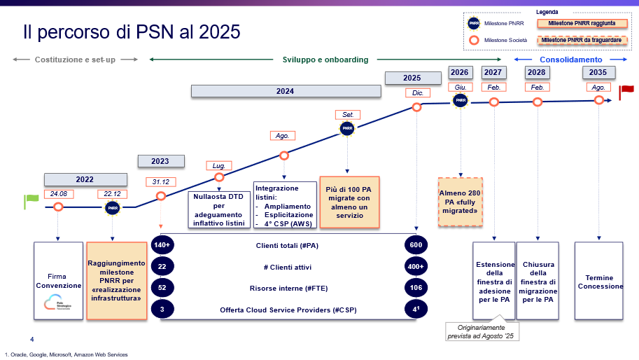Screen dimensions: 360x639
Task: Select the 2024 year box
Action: tap(285, 91)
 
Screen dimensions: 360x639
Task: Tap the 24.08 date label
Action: tap(58, 194)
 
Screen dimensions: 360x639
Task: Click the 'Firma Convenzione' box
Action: tap(57, 281)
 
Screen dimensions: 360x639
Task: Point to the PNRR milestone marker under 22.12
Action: tap(113, 207)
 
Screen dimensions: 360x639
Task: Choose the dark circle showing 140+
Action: tap(162, 246)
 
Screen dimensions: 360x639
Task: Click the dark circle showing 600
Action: tap(416, 246)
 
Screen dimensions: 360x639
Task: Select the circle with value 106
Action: tap(416, 289)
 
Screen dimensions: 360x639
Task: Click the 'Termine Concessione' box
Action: tap(599, 282)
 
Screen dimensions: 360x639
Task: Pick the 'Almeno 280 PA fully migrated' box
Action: tap(461, 201)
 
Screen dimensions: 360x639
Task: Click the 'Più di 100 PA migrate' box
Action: tap(349, 202)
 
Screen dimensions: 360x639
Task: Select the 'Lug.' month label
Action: tap(219, 166)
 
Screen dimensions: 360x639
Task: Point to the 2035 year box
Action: tap(598, 72)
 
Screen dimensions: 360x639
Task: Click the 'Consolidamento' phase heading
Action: tap(570, 60)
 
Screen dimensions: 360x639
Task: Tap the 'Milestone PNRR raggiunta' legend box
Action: tap(577, 23)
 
